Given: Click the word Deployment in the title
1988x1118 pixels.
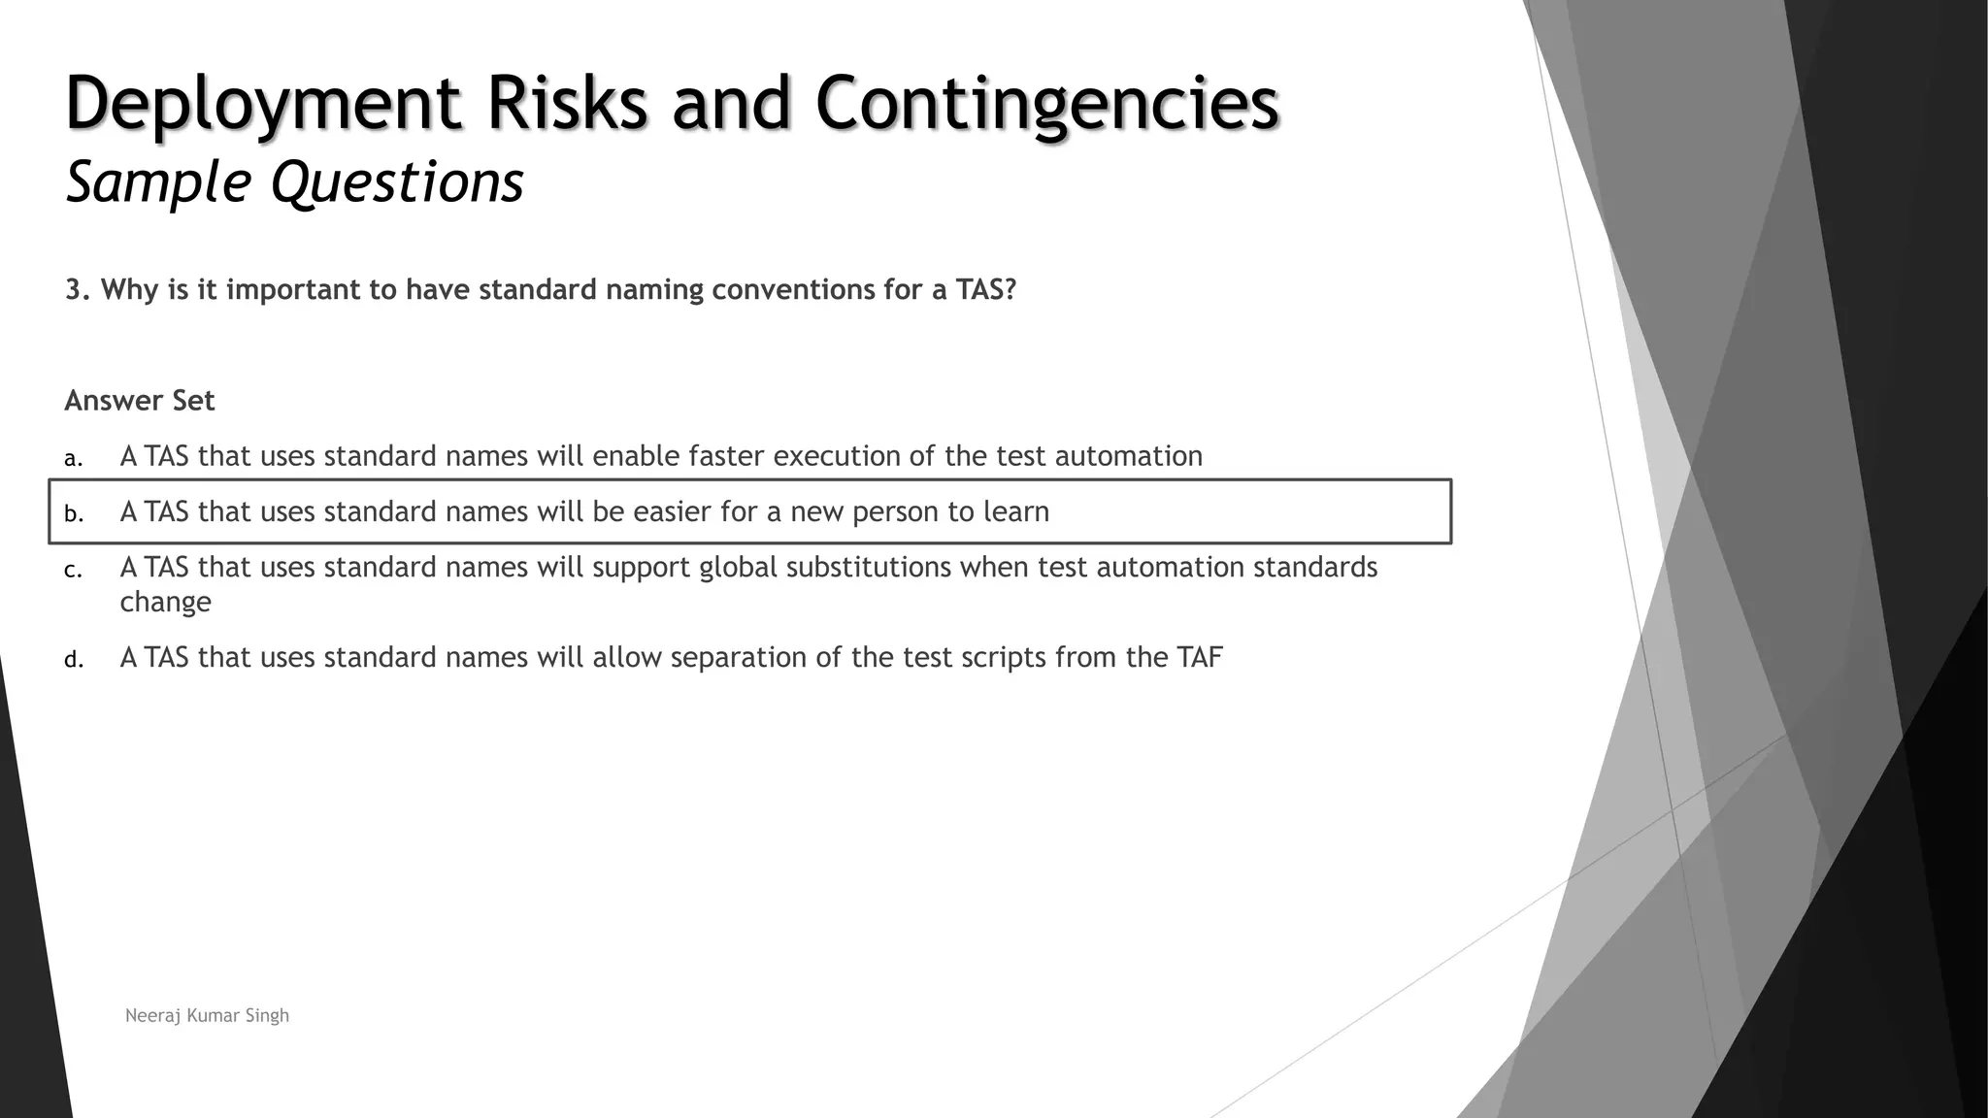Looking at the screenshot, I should point(262,105).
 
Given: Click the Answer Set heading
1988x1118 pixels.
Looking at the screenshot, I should point(140,401).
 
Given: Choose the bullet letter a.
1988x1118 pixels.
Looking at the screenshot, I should point(73,458).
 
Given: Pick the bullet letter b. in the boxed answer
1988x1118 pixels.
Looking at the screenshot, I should point(74,513).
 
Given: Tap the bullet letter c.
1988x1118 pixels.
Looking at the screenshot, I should point(73,570).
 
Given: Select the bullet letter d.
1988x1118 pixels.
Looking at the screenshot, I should point(74,660).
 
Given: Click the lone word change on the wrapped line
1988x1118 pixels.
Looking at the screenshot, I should point(165,603).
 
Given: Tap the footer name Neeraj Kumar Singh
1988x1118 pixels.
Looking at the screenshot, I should point(207,1015).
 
